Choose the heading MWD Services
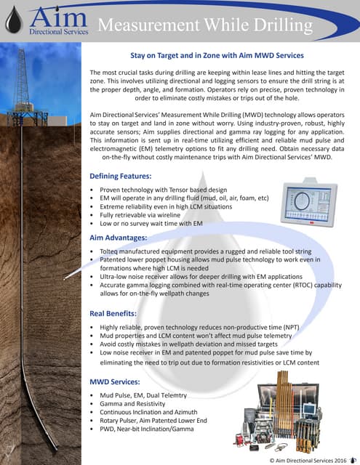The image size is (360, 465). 116,381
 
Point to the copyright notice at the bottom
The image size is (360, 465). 303,458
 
